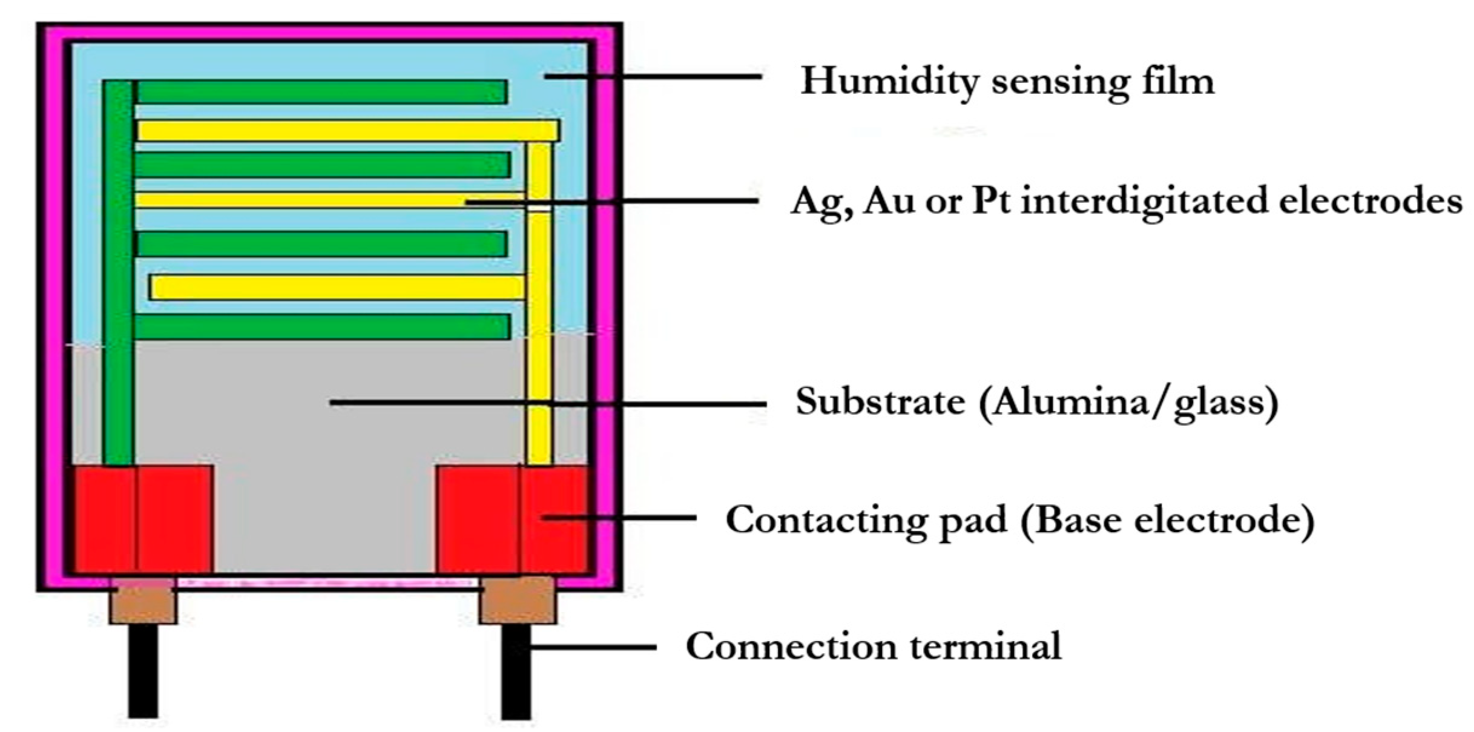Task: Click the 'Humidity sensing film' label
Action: point(1007,81)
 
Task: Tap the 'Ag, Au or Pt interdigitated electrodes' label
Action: point(1127,200)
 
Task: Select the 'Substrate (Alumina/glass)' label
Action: point(1036,401)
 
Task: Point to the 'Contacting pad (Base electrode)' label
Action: point(1020,519)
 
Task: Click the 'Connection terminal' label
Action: point(873,646)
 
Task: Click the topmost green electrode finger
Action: point(321,92)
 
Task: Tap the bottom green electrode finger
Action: point(321,327)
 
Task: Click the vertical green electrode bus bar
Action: point(119,272)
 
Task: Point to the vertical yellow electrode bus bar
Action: point(539,303)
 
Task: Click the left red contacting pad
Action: point(143,519)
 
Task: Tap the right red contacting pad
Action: point(512,519)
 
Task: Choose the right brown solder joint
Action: point(518,601)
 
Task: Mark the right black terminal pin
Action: point(516,672)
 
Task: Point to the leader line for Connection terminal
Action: point(593,647)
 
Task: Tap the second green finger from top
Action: point(321,165)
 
